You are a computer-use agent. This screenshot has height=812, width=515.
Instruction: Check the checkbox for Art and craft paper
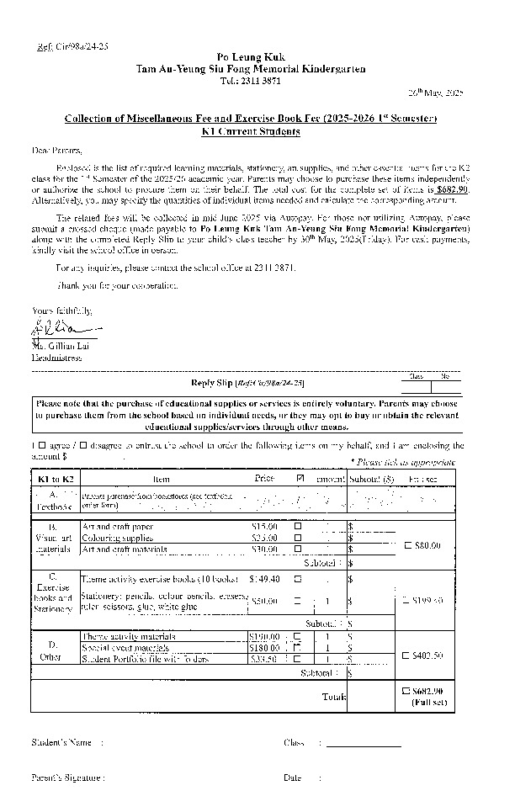click(x=297, y=526)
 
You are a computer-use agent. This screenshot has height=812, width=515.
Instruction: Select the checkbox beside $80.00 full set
click(x=408, y=545)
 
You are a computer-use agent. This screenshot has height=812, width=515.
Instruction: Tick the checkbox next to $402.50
click(x=408, y=655)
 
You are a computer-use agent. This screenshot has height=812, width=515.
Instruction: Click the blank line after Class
click(x=364, y=744)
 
